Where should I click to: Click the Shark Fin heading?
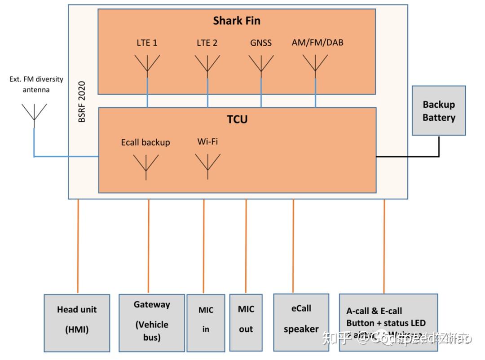pos(237,21)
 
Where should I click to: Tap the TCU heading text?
pos(237,119)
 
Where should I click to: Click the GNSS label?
pos(261,44)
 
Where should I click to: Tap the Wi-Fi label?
pos(207,142)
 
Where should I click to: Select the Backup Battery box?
pos(439,111)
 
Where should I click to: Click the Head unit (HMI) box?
pos(77,323)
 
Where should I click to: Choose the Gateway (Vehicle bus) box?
pos(152,322)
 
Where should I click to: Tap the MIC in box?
pos(206,322)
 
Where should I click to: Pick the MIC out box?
pos(246,322)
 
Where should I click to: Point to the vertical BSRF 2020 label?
pos(82,101)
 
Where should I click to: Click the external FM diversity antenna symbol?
pos(34,113)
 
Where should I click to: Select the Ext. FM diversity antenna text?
pos(36,84)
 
